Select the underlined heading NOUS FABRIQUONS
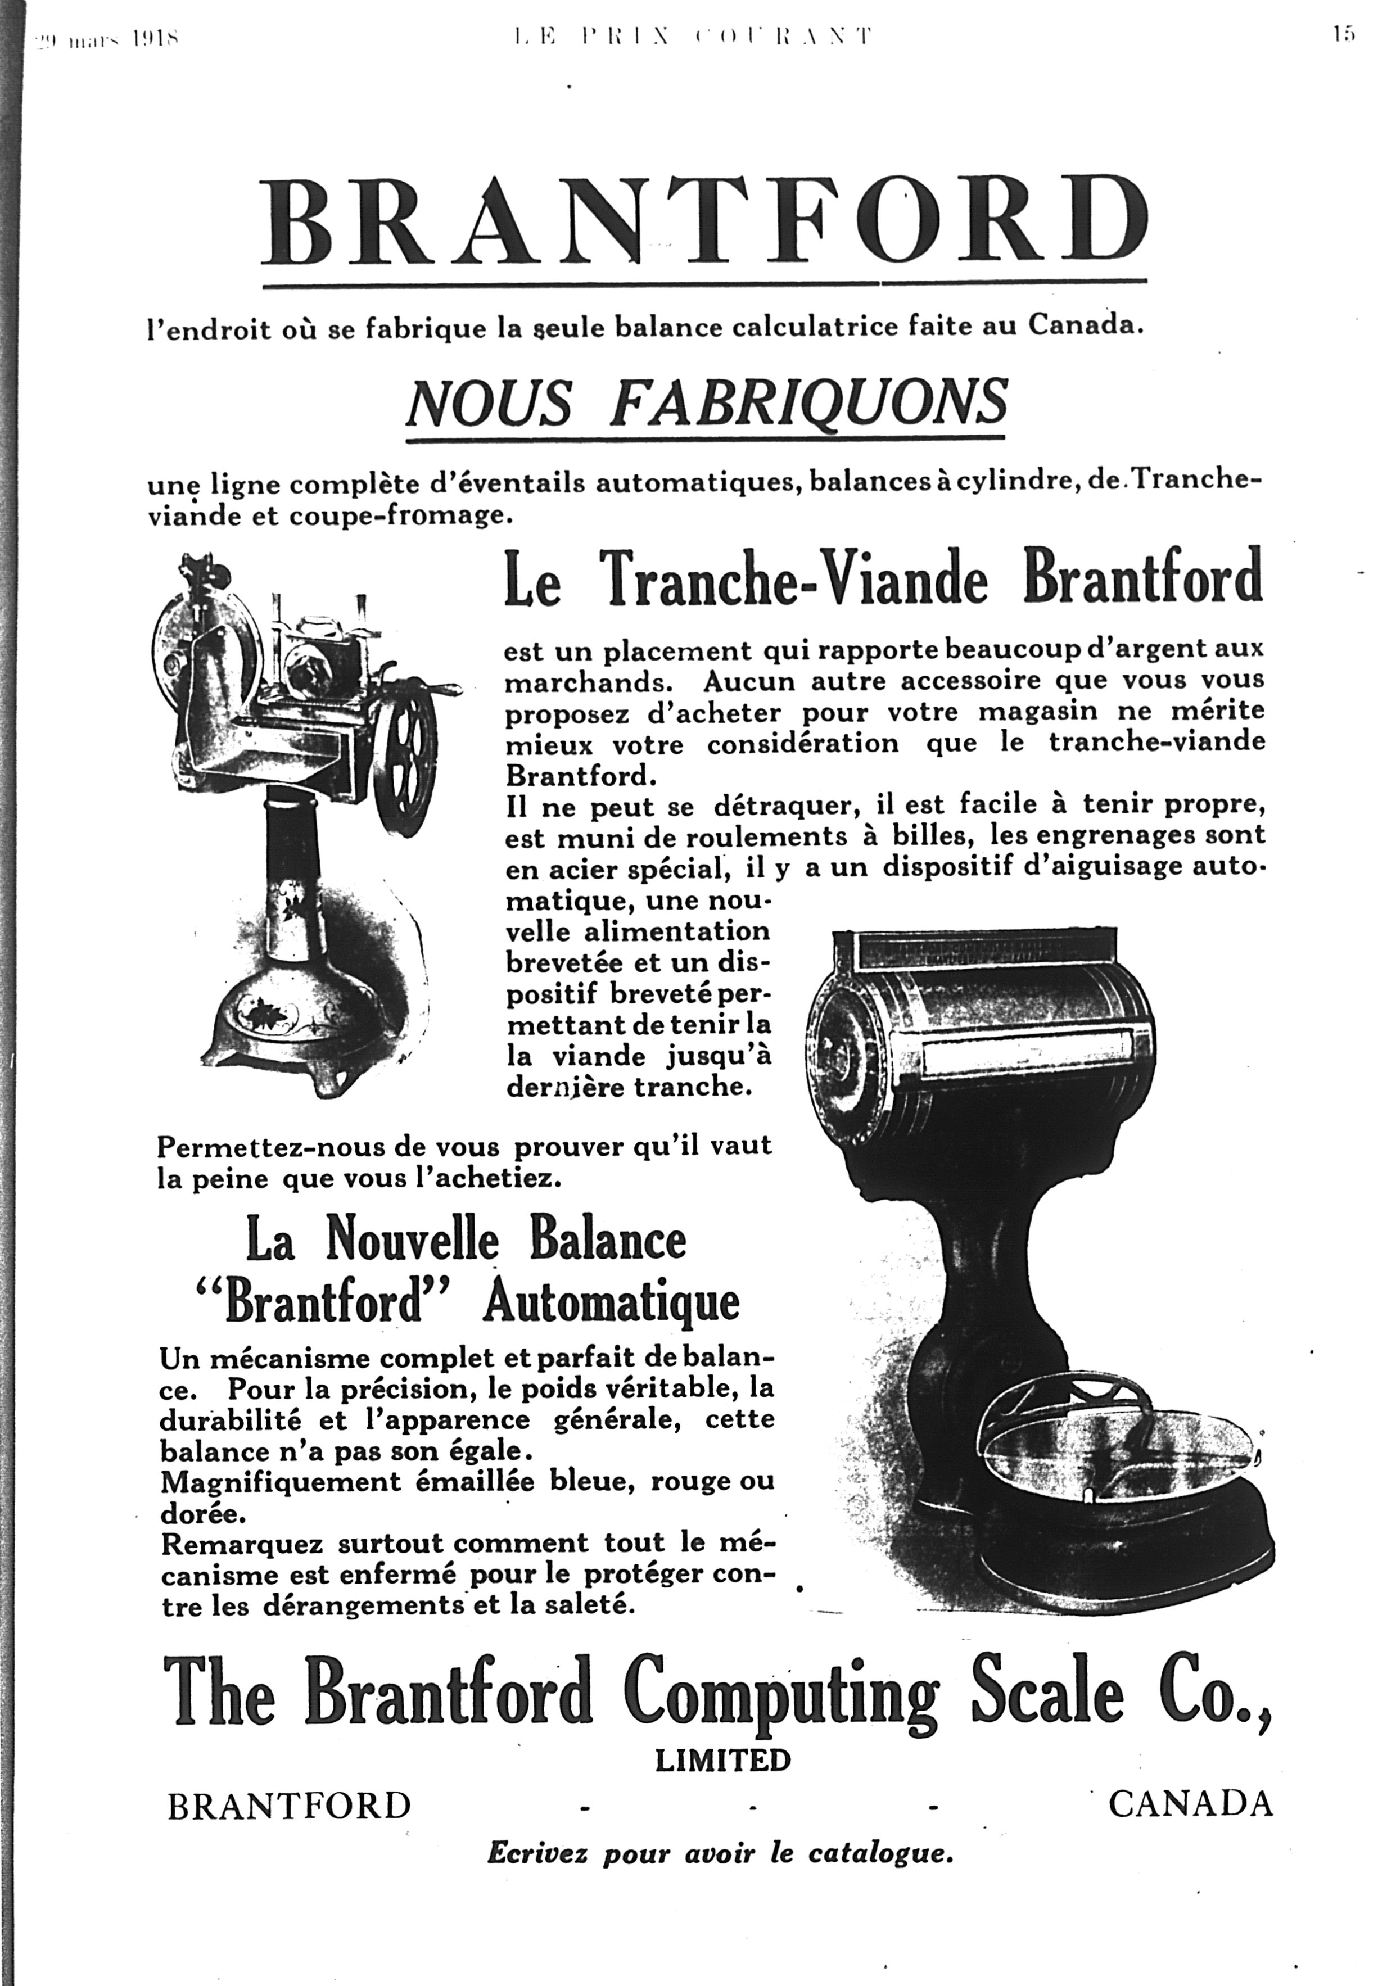[x=707, y=403]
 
